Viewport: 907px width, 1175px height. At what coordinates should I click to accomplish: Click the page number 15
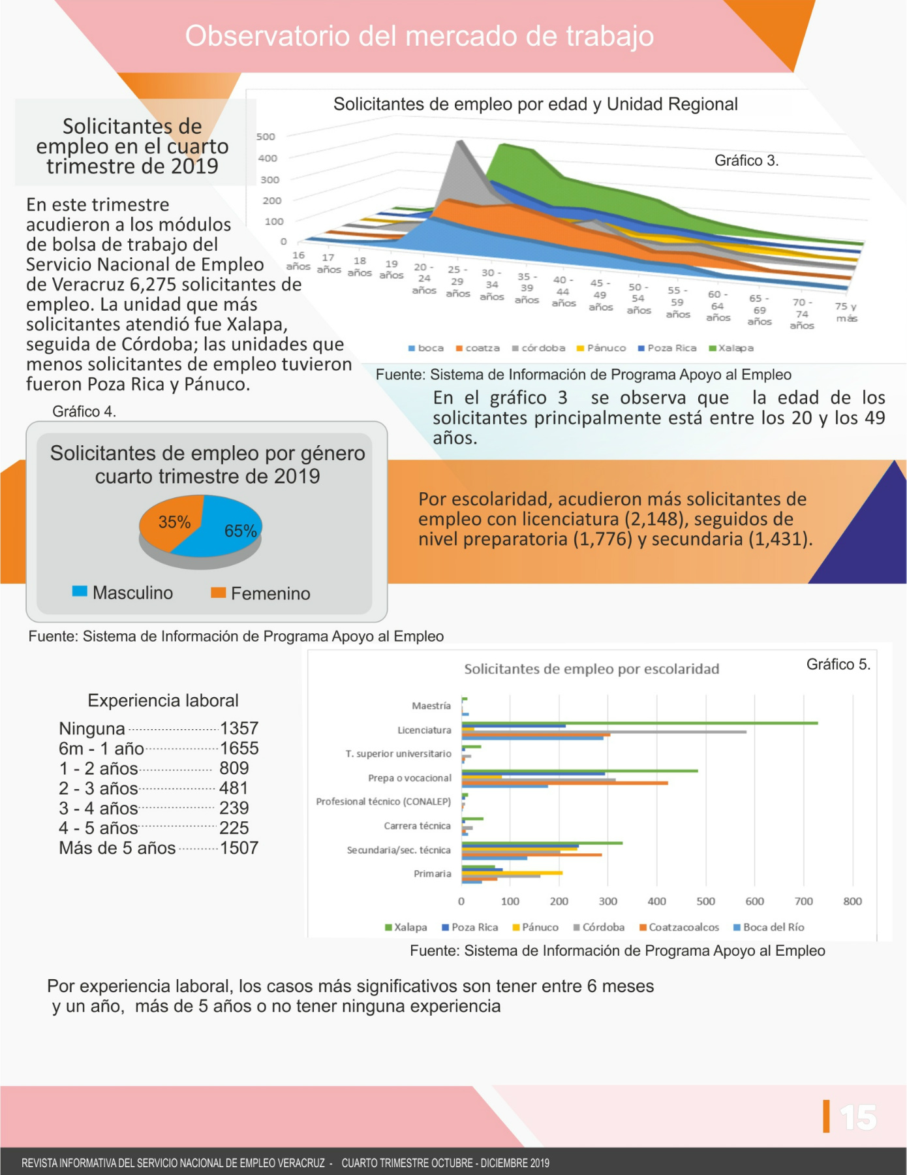point(858,1118)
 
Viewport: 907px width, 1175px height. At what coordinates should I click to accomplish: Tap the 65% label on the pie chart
point(241,531)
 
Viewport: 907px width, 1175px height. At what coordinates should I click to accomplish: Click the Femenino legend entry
point(260,593)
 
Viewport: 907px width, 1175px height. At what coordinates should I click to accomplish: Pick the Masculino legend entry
point(123,593)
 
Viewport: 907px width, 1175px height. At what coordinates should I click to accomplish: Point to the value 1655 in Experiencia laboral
point(239,748)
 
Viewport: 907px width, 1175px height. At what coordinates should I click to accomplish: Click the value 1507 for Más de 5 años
point(239,848)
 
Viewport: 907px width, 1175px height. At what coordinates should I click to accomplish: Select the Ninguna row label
point(92,728)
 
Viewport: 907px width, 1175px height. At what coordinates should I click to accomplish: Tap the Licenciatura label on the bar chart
point(424,730)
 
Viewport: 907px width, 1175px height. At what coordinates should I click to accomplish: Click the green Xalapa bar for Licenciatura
point(640,723)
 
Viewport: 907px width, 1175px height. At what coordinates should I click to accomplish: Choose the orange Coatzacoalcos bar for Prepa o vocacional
point(565,783)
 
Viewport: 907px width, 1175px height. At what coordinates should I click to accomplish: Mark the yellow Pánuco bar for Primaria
point(512,873)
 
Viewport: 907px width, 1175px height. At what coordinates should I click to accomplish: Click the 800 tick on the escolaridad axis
point(852,901)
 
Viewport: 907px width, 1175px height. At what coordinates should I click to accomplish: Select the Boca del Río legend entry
point(769,927)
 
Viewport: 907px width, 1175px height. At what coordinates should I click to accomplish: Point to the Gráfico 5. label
point(838,665)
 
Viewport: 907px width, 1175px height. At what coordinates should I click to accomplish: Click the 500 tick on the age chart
point(266,136)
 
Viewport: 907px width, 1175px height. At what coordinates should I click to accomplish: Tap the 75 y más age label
point(846,312)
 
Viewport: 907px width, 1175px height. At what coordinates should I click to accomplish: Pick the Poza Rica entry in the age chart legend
point(668,348)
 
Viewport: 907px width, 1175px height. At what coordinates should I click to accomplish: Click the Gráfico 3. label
point(746,161)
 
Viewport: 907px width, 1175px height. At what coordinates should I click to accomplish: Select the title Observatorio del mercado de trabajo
point(420,36)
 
